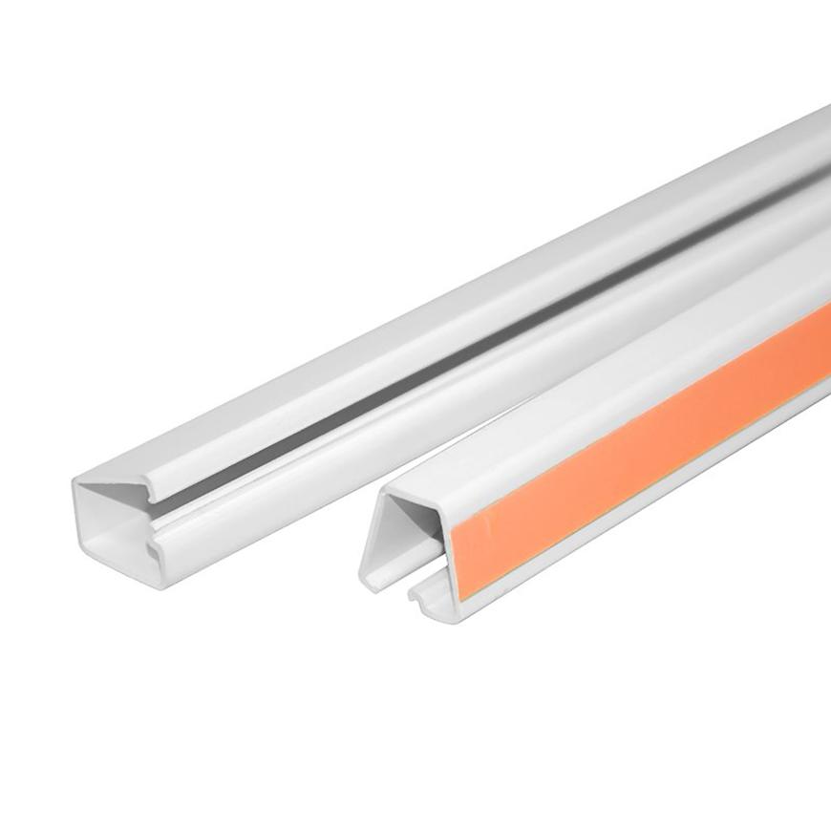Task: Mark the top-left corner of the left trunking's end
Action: click(76, 483)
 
